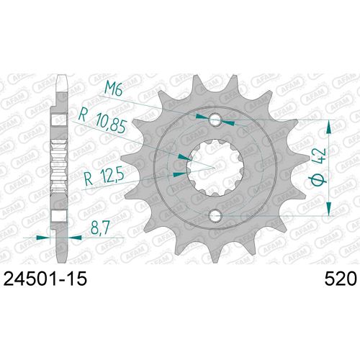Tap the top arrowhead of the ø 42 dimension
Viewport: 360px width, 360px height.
pyautogui.click(x=330, y=126)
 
